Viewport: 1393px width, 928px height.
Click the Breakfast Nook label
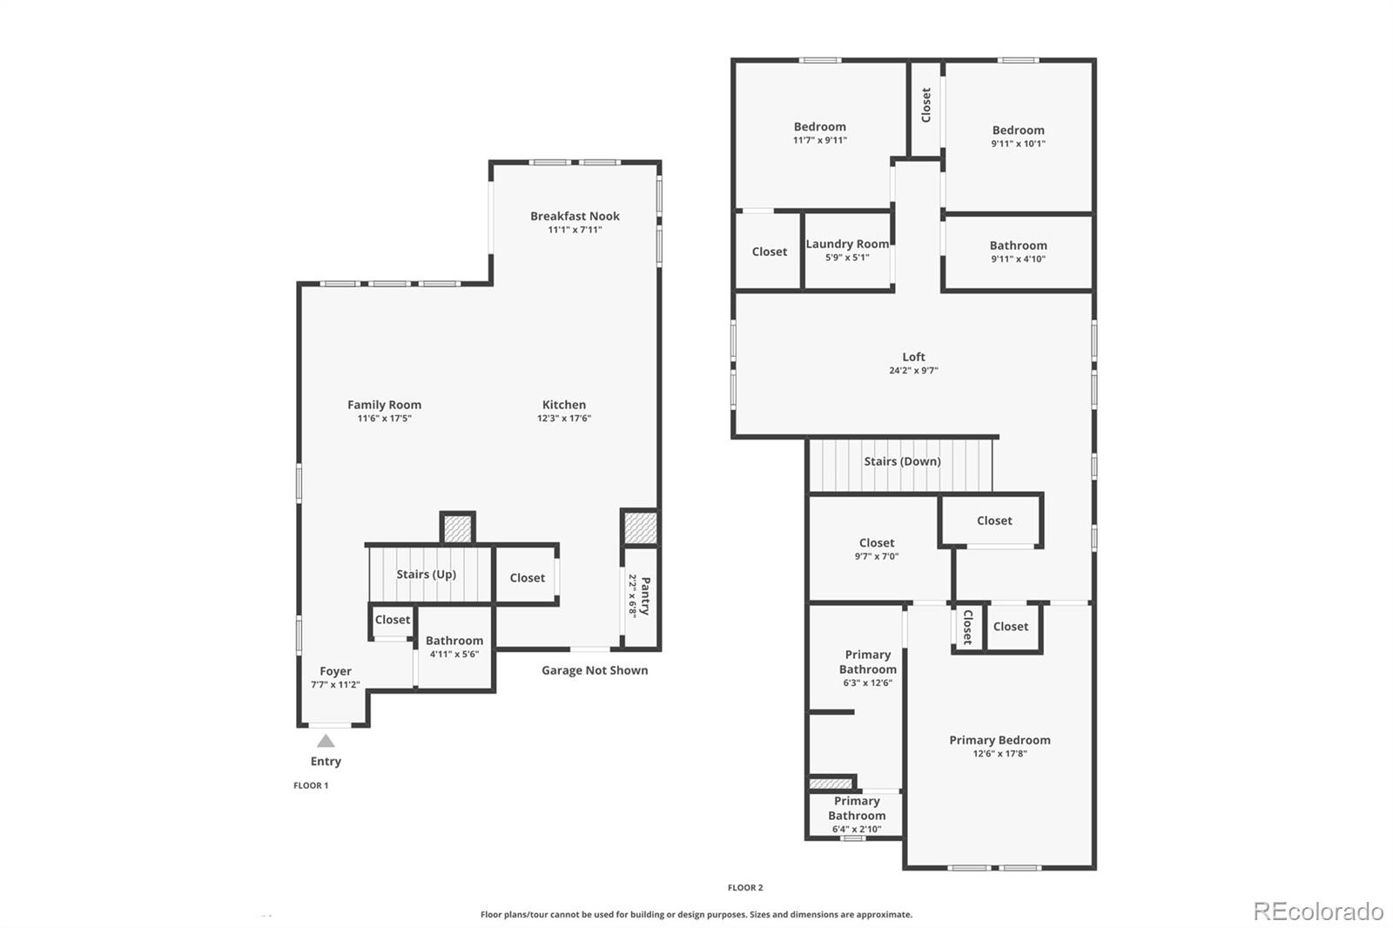click(575, 216)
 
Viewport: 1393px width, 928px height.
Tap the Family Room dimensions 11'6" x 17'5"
click(384, 419)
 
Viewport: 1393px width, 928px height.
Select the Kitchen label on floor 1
click(564, 405)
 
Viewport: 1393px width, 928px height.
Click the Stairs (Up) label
click(426, 575)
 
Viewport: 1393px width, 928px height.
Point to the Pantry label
click(645, 595)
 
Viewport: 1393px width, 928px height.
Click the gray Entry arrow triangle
click(326, 742)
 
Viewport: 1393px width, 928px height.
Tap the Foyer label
click(335, 671)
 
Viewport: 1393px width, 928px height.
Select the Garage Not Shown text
click(595, 670)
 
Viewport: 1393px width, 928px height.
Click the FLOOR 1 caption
click(311, 785)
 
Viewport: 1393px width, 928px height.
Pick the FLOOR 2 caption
click(745, 888)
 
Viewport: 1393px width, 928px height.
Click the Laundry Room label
click(847, 244)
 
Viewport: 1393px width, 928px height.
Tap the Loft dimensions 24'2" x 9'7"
click(913, 371)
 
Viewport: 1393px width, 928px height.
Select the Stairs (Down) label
click(902, 461)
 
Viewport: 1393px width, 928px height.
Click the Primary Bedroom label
click(999, 740)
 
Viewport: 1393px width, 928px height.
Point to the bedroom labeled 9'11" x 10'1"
click(1018, 131)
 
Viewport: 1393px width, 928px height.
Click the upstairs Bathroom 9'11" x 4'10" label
click(1018, 245)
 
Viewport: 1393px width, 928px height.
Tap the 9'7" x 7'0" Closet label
click(876, 543)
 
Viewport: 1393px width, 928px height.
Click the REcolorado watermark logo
click(1318, 911)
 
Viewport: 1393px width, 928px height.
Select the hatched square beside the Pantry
click(640, 528)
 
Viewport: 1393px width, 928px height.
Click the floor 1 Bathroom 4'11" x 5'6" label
click(454, 641)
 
